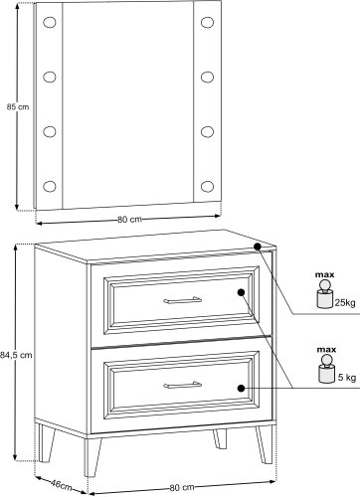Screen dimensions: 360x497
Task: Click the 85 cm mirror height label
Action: coord(18,107)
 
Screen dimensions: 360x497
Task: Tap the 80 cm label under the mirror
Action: coord(129,220)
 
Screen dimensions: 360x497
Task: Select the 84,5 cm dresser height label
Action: coord(17,355)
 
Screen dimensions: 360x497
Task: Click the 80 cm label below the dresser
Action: coord(182,487)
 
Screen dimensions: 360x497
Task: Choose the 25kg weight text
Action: coord(345,302)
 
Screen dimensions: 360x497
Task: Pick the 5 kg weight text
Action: coord(347,377)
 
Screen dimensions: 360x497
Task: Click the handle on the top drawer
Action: coord(182,300)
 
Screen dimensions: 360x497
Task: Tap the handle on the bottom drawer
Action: coord(182,385)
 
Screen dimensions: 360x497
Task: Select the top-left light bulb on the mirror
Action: coord(50,22)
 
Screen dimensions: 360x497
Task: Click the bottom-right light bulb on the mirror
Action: coord(207,186)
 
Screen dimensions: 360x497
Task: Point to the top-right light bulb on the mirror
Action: coord(207,22)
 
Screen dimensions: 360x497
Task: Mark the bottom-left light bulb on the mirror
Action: coord(50,186)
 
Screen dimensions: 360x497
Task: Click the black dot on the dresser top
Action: coord(258,247)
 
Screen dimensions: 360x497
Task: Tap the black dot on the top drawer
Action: coord(241,292)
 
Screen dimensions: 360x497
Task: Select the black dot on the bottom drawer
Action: coord(241,388)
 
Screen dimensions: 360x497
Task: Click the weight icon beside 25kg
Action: coord(325,294)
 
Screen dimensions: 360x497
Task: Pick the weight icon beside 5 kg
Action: coord(327,369)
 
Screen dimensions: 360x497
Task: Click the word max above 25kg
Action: coord(324,274)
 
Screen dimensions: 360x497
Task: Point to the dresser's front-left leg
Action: coord(92,457)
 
